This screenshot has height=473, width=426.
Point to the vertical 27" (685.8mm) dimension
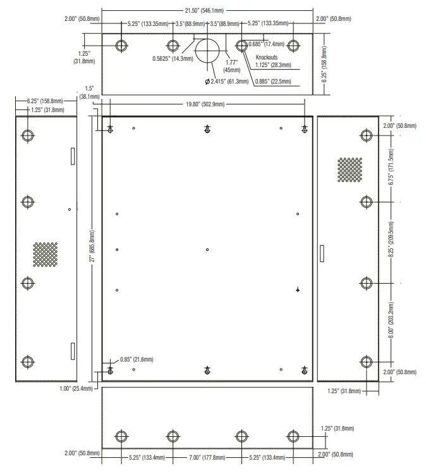click(x=93, y=249)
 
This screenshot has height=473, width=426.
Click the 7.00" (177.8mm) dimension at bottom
click(x=207, y=457)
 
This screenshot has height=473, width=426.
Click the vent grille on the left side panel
click(x=45, y=253)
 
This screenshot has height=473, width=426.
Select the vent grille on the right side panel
click(x=349, y=169)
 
